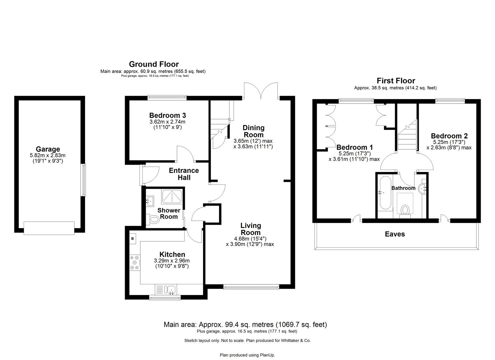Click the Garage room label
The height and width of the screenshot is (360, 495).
tap(48, 149)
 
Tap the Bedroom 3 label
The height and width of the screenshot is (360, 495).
tap(167, 116)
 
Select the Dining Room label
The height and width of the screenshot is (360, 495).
tap(253, 131)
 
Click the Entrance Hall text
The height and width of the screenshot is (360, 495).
tap(184, 174)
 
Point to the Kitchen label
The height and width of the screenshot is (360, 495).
tap(172, 254)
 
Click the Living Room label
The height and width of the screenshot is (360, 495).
tap(251, 229)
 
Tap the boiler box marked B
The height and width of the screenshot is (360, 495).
tap(132, 238)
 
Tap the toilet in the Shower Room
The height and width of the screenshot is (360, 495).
tap(154, 220)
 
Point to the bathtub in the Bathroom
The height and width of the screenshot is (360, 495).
tap(386, 193)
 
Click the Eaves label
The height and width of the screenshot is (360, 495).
tap(395, 234)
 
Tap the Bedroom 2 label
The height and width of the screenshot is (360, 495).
tap(449, 136)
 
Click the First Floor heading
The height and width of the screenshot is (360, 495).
tap(396, 81)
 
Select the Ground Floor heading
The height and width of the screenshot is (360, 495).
tap(154, 64)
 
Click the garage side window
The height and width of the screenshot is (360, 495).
tap(84, 180)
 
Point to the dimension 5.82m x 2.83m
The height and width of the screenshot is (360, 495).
tap(48, 155)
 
